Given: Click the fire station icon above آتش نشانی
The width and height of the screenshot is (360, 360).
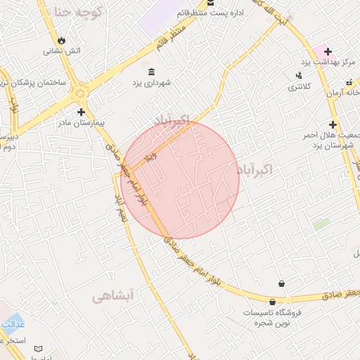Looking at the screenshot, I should (x=62, y=40).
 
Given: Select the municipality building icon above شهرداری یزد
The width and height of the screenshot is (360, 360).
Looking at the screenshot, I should (x=153, y=72).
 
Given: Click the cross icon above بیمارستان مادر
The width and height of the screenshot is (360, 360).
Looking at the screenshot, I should (x=82, y=111).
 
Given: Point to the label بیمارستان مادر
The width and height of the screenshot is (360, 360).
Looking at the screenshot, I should (x=83, y=122).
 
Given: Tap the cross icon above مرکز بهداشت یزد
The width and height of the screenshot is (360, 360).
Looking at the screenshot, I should (x=328, y=51).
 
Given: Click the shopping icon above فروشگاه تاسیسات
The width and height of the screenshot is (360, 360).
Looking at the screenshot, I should (x=282, y=283).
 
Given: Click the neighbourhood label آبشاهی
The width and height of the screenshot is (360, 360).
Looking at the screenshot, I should (x=112, y=297).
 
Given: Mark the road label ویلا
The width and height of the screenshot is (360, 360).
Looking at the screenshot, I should (x=149, y=157).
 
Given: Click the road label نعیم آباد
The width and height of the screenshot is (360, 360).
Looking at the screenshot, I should (x=121, y=209).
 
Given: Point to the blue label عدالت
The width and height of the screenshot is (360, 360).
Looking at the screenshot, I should (x=13, y=325).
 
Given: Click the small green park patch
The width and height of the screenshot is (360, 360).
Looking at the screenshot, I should (x=321, y=224).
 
